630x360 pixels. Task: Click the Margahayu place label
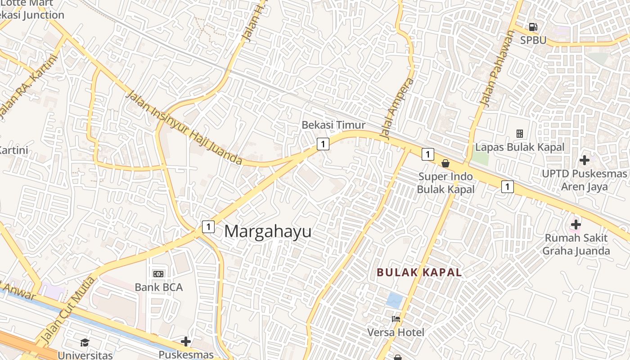[x=268, y=232]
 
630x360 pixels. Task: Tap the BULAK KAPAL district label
[x=419, y=272]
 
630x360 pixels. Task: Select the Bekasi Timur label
[x=333, y=125]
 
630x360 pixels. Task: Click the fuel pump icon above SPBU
[x=533, y=27]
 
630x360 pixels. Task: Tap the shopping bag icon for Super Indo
[x=445, y=163]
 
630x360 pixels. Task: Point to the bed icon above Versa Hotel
[x=396, y=319]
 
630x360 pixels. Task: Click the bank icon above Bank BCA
[x=158, y=274]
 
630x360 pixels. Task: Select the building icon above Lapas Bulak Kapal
[x=520, y=134]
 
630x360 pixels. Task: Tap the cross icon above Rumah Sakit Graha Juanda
[x=576, y=224]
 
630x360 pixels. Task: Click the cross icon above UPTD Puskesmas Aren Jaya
[x=584, y=160]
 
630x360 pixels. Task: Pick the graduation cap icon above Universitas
[x=85, y=343]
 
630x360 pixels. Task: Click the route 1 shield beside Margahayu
[x=208, y=226]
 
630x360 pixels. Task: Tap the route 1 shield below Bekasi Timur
[x=323, y=144]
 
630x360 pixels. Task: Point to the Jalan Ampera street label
[x=396, y=108]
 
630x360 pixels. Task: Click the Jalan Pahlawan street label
[x=497, y=68]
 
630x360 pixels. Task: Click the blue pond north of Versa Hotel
[x=395, y=300]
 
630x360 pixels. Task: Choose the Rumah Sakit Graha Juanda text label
[x=576, y=244]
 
